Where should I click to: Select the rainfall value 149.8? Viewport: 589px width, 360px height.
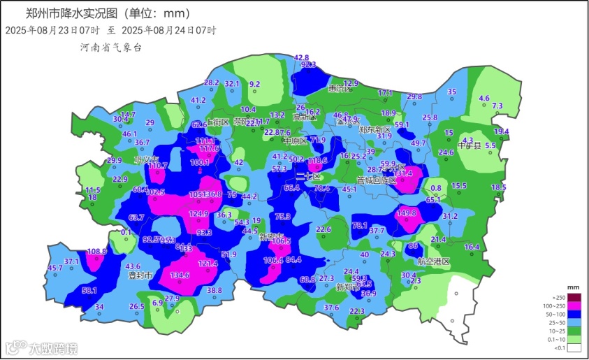407,213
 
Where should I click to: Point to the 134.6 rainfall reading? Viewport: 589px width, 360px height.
180,275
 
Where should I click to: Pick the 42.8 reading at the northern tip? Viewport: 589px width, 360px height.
302,57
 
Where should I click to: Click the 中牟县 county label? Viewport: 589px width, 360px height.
469,146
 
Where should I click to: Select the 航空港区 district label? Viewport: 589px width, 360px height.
434,261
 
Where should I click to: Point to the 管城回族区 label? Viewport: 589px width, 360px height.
377,180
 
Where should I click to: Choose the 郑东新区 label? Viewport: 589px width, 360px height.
375,130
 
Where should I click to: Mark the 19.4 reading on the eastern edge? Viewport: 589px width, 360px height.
502,131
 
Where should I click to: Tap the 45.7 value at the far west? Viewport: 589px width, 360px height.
55,268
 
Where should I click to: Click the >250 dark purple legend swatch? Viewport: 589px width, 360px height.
574,297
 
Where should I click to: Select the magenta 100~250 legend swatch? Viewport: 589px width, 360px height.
574,307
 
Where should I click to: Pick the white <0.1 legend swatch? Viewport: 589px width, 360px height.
574,347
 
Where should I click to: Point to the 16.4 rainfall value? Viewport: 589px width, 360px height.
472,247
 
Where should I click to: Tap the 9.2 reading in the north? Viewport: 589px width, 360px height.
255,84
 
